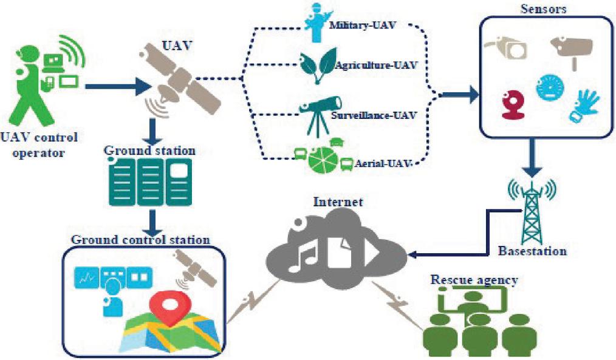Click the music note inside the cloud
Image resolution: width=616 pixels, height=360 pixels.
[x=303, y=251]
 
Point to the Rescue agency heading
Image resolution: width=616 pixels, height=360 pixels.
[x=474, y=279]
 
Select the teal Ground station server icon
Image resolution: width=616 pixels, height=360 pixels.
[x=149, y=182]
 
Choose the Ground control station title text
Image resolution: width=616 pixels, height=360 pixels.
[x=140, y=239]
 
